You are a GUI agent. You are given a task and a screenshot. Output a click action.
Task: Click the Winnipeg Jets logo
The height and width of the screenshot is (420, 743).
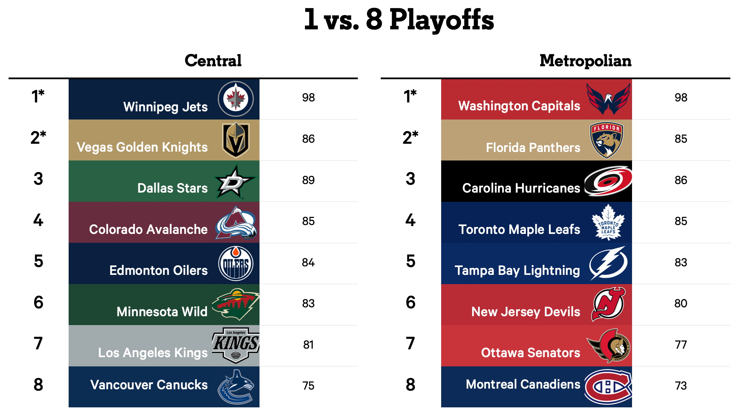(x=236, y=99)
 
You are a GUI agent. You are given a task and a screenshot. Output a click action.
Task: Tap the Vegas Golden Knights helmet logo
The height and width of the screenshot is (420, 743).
(x=236, y=140)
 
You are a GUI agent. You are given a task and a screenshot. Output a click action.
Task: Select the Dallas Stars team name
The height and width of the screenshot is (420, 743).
(x=172, y=188)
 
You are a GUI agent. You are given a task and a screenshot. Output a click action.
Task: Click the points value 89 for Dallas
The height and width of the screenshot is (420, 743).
(x=308, y=180)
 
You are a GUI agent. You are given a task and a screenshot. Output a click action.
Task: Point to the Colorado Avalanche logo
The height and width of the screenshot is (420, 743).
(x=236, y=223)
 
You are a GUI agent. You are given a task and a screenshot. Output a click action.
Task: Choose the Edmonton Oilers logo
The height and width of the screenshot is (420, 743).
(x=236, y=264)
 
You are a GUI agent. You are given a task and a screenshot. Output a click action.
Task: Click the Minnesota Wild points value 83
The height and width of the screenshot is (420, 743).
(x=308, y=303)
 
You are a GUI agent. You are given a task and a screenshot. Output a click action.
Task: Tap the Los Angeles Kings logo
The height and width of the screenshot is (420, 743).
(x=236, y=345)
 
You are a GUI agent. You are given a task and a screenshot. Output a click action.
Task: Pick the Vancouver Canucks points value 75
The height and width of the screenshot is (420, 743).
(x=308, y=386)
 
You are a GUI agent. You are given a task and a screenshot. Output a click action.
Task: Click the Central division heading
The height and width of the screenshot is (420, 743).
(x=213, y=61)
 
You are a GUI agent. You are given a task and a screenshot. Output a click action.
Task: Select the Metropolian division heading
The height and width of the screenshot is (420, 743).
(x=585, y=61)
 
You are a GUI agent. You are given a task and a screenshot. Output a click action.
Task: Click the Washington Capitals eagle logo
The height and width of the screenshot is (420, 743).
(x=608, y=99)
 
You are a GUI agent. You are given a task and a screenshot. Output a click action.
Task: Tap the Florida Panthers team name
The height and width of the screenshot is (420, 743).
(x=533, y=148)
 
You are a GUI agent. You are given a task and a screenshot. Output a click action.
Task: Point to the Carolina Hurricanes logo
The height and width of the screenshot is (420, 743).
(x=608, y=181)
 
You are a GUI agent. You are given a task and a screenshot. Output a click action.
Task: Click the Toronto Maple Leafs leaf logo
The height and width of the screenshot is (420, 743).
(x=608, y=222)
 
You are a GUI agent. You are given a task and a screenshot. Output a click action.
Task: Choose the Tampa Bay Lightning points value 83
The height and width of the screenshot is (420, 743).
(x=681, y=262)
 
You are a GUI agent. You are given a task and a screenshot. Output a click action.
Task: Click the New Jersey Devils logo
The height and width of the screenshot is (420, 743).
(x=608, y=304)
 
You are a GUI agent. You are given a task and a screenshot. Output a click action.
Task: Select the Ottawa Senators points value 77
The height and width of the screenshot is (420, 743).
(x=681, y=345)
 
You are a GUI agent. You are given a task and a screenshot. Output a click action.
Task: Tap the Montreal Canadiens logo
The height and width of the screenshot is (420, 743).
(x=608, y=387)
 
